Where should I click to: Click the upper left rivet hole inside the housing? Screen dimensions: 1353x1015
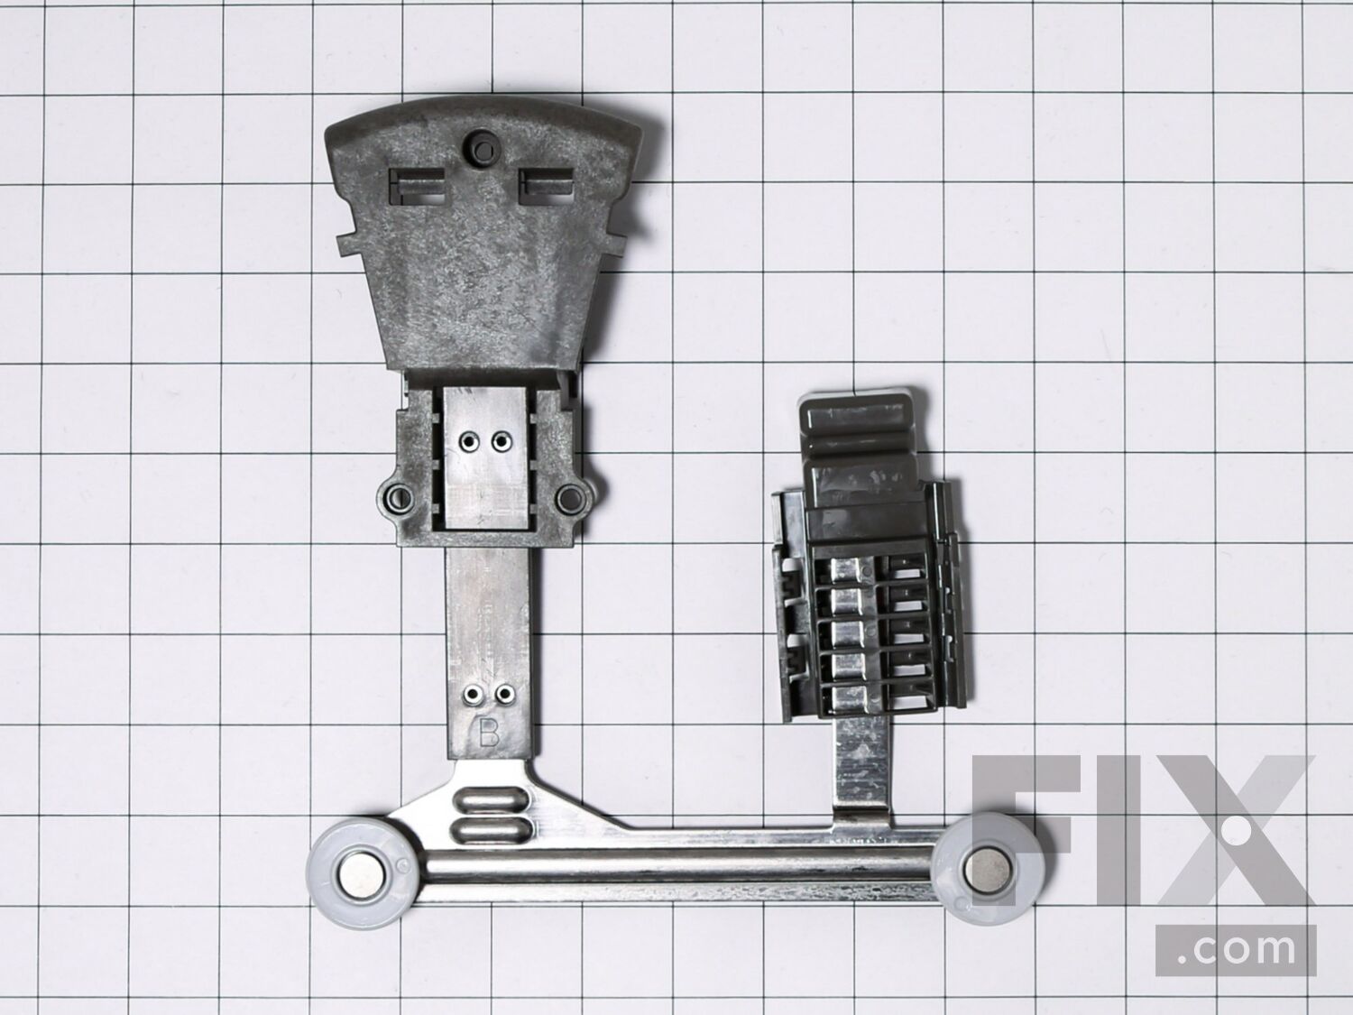coord(470,441)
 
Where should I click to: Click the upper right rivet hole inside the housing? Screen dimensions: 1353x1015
coord(502,441)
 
